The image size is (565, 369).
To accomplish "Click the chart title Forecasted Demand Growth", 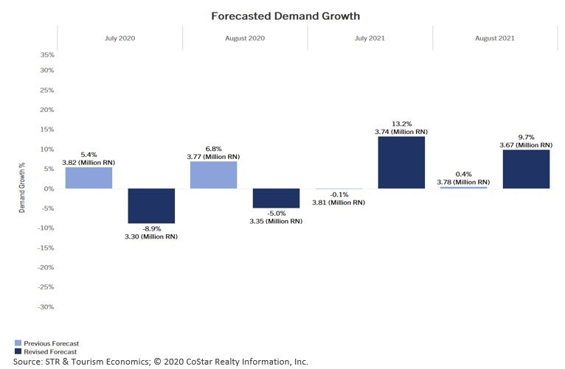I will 285,15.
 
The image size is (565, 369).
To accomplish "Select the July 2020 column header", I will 120,38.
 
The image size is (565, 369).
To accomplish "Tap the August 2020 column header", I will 245,38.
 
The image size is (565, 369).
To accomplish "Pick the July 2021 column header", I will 370,38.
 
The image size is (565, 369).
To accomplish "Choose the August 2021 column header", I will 495,38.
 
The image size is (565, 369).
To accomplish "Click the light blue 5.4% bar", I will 89,178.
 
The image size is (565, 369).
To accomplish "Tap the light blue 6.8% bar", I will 214,175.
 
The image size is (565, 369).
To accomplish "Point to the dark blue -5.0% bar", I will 276,198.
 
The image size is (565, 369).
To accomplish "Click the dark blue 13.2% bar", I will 401,162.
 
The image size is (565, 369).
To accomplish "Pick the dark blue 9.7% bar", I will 526,169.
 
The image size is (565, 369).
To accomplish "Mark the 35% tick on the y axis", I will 46,55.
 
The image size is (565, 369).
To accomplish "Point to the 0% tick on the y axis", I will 49,189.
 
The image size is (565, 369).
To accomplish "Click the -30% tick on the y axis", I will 46,306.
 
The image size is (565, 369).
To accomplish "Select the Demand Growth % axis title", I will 22,189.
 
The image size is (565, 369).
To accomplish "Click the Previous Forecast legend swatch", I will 18,343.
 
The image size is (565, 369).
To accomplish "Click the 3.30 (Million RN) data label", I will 151,236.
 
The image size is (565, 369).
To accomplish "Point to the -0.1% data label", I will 339,194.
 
